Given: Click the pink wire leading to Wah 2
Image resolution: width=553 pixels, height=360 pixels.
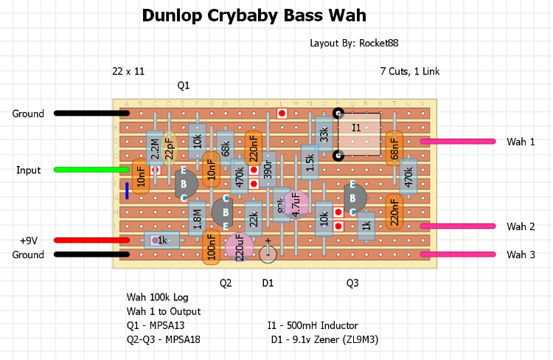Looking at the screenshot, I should pos(457,226).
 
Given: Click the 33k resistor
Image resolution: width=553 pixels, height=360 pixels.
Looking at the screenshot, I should pos(324,134).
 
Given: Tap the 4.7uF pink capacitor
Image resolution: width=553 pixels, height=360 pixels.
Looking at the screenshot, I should pos(296,204).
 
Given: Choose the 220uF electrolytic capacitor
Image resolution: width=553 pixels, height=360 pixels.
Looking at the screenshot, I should pos(239,248).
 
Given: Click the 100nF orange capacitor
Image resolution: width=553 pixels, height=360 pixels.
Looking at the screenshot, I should pos(211,248).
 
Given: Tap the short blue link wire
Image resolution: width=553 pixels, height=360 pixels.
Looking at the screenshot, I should pos(127,191).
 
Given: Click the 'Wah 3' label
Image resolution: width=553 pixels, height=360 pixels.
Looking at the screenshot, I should pos(521,255).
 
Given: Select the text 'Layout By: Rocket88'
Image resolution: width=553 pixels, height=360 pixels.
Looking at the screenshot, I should pos(354,44).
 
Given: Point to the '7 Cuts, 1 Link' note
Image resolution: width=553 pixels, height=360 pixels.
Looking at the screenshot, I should pos(409,72).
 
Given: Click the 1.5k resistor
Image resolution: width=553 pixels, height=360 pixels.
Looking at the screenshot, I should pos(310,162).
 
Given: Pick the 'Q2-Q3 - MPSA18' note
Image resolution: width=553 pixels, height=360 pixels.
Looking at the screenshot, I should pos(163,339).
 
